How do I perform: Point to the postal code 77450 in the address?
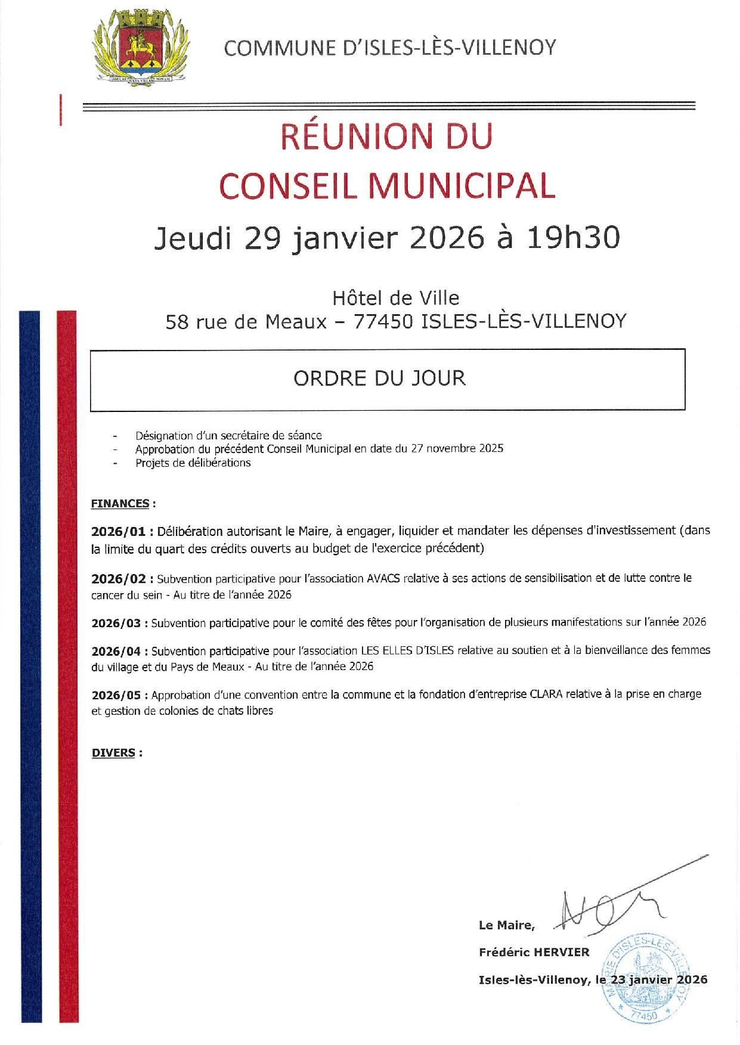point(383,322)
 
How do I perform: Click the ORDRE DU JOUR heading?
point(379,379)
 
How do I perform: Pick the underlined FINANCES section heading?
point(120,504)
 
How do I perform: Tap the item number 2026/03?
point(116,624)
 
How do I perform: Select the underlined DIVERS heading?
point(113,753)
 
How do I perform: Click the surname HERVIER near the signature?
point(561,953)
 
